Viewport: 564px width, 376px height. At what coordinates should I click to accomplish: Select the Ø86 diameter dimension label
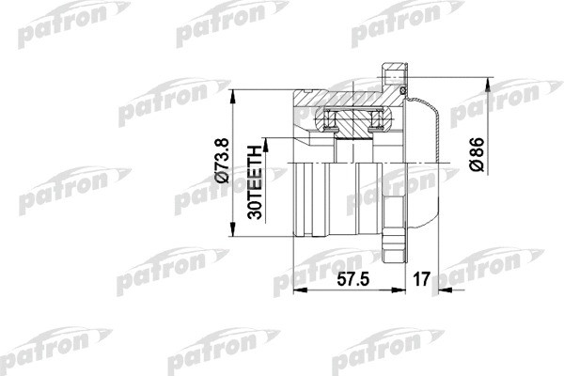pos(477,156)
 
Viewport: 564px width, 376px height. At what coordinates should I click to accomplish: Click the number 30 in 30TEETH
pos(255,211)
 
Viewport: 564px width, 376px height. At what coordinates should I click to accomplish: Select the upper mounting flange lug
pos(392,75)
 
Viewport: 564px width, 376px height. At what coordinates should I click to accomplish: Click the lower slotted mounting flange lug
pos(392,243)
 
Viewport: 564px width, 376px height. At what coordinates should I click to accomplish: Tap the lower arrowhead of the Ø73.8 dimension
pos(234,235)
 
